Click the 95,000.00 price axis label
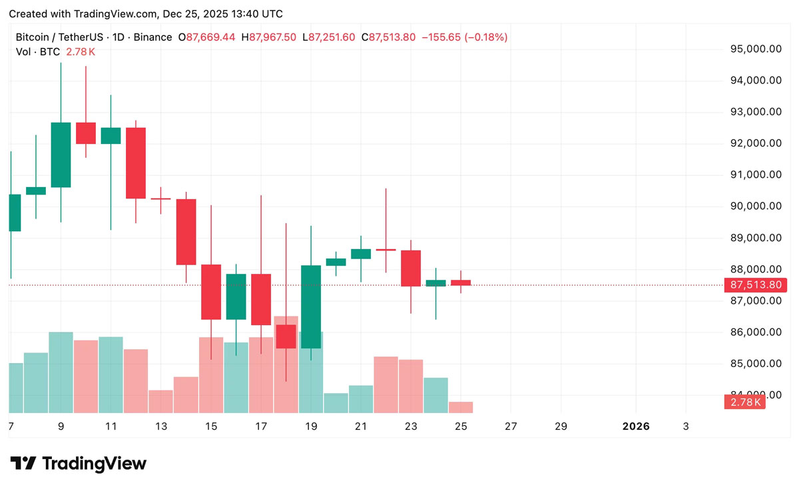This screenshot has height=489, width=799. [756, 49]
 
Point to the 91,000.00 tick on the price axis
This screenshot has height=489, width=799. [756, 175]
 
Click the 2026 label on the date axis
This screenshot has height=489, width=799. [635, 426]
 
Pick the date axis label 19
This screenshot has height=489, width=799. [311, 426]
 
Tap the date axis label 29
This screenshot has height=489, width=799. [561, 426]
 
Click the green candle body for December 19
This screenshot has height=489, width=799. [311, 306]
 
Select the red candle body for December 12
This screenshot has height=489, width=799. [136, 163]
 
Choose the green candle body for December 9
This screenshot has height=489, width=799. [61, 155]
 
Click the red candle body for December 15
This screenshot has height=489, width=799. [211, 292]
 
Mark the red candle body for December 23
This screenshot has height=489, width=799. [411, 268]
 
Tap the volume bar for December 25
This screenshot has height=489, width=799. [461, 407]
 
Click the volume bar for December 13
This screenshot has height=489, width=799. [160, 401]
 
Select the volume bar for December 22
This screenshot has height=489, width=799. [386, 384]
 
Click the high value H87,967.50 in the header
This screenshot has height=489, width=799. [268, 37]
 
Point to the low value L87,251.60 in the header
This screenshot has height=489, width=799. [329, 37]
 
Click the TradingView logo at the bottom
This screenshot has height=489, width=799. [79, 464]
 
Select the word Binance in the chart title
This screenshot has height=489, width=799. [152, 37]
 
